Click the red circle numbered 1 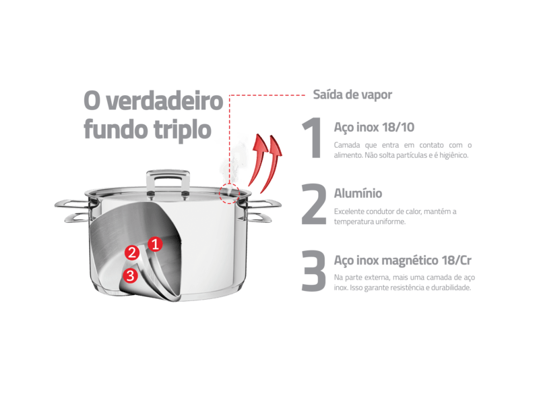click(155, 244)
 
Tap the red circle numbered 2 click(132, 252)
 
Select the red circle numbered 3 click(130, 275)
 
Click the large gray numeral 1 click(312, 138)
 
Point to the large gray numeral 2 click(313, 204)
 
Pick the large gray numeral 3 click(313, 271)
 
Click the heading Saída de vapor click(352, 94)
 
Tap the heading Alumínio click(358, 194)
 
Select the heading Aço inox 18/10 click(374, 127)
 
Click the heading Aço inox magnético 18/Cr click(402, 261)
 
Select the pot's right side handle click(262, 211)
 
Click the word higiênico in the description click(453, 155)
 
